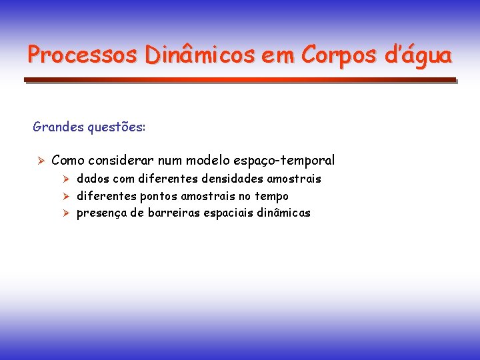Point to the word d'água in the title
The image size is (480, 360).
point(419,55)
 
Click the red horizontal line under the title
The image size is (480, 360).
point(240,79)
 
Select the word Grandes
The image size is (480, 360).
point(58,127)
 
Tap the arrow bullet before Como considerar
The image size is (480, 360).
point(40,161)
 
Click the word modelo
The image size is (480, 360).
point(211,161)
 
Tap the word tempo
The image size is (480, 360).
point(273,197)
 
